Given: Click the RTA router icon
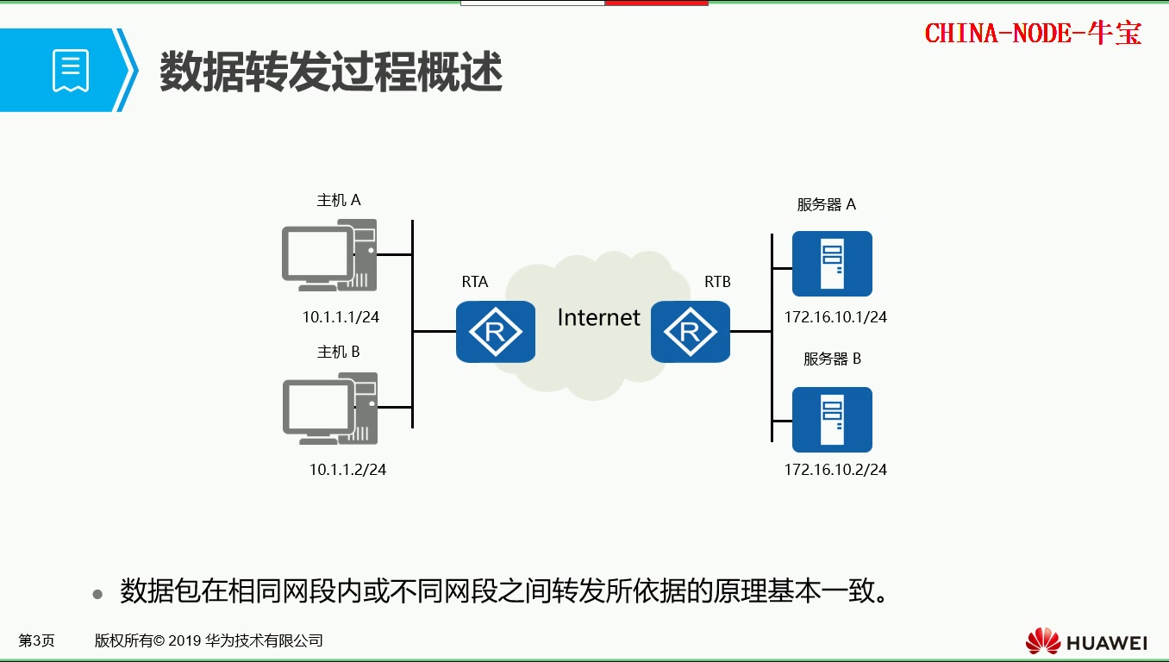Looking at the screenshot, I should (x=496, y=331).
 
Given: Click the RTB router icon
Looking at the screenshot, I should (x=691, y=331).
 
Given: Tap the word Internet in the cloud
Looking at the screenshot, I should (x=598, y=318).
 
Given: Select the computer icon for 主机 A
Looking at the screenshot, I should (x=329, y=254).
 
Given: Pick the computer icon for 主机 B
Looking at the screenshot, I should (x=329, y=408).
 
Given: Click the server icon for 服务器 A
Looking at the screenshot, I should (x=832, y=264).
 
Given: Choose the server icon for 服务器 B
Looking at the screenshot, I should (x=832, y=420).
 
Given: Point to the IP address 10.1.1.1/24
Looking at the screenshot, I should (x=341, y=317).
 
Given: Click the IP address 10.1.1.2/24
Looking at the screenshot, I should (x=347, y=470).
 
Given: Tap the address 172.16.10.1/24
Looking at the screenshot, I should (x=835, y=317).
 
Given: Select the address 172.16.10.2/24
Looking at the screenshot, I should (x=835, y=470).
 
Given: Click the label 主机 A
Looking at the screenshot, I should (x=339, y=201).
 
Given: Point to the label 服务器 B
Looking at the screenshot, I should (x=832, y=359).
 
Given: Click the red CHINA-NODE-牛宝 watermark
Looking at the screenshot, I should (x=1033, y=34).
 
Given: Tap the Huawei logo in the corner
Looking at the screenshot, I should (x=1086, y=642).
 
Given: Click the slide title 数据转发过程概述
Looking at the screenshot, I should (x=331, y=72).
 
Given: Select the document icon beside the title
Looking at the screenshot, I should (x=71, y=71).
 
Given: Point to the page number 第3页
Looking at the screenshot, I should (x=37, y=640).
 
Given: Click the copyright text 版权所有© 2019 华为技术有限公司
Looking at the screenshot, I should (x=209, y=640).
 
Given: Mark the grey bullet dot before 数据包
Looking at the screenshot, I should (x=98, y=595).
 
